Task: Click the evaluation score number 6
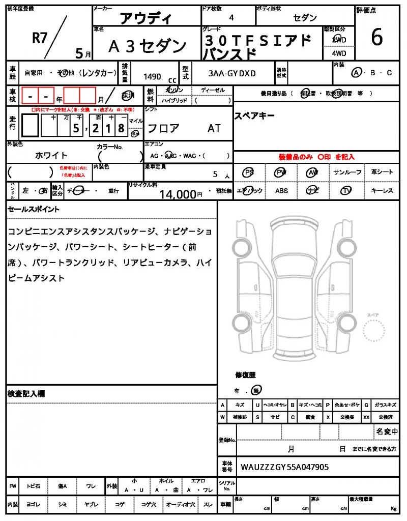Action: tap(377, 37)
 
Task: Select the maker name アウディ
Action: tap(146, 19)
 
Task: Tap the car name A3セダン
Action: tap(148, 46)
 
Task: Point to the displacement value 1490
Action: tap(152, 76)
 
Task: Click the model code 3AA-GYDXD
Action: tap(232, 73)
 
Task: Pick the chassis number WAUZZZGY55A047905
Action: tap(284, 466)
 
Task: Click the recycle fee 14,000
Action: tap(178, 194)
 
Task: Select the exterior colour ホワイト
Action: tap(51, 155)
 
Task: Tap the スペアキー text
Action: tap(254, 115)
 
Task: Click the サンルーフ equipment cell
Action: tap(347, 172)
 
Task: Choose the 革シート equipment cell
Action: tap(382, 172)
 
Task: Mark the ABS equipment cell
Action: tap(281, 191)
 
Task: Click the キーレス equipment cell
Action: tap(382, 191)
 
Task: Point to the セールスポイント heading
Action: tap(34, 209)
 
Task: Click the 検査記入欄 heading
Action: tap(26, 394)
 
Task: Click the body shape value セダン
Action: tap(305, 18)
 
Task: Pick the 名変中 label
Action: tap(387, 431)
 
